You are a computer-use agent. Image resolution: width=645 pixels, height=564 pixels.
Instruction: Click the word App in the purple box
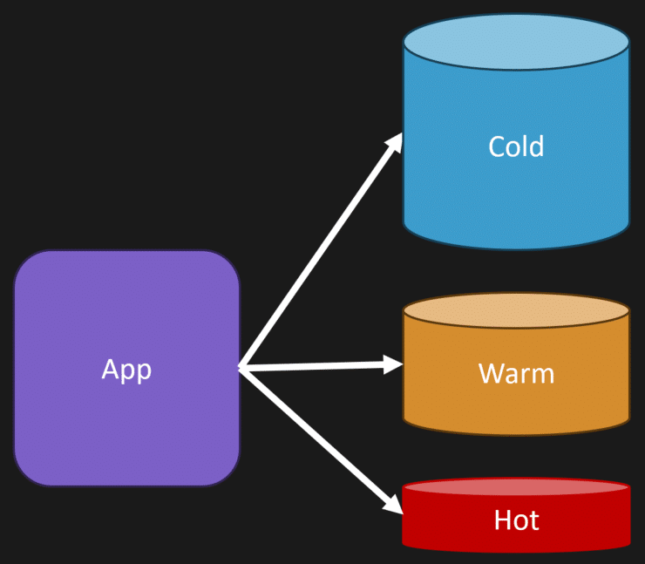click(126, 369)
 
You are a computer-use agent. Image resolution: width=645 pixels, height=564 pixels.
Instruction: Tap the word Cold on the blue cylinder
click(516, 146)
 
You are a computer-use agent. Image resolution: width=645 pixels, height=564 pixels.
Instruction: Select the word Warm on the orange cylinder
click(516, 374)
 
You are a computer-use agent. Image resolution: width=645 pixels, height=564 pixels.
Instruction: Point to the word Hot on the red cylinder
click(516, 521)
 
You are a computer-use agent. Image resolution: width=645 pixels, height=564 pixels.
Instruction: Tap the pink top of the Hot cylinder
click(516, 486)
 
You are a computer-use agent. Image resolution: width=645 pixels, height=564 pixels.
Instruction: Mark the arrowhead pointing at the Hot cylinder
click(394, 505)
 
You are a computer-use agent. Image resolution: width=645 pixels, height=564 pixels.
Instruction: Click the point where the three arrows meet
click(241, 368)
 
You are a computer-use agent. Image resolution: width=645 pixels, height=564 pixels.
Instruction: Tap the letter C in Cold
click(496, 146)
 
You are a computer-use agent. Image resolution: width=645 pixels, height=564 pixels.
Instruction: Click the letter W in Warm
click(489, 374)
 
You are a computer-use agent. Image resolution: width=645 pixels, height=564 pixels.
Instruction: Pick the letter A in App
click(110, 369)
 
